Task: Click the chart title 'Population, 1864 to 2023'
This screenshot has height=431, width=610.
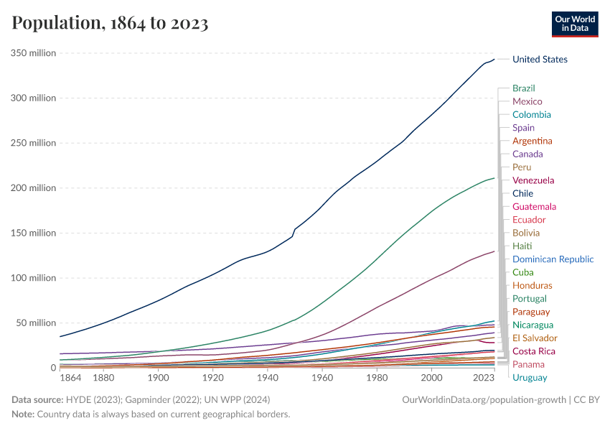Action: [x=110, y=23]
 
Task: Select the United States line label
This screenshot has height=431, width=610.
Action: [x=540, y=60]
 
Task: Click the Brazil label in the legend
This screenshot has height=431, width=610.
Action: [x=523, y=88]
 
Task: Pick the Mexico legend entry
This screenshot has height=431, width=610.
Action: [x=527, y=101]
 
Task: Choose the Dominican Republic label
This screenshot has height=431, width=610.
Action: [x=553, y=259]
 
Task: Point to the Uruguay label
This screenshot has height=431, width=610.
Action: [x=530, y=378]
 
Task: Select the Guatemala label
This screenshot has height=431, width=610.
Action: [x=534, y=207]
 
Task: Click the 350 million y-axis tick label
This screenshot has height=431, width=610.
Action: [x=33, y=53]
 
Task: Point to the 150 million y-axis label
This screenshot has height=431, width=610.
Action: [x=33, y=233]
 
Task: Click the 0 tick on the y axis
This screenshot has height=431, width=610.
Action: [x=53, y=368]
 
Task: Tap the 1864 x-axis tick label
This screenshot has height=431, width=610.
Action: [x=71, y=378]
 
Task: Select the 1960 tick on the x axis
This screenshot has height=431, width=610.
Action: [x=322, y=378]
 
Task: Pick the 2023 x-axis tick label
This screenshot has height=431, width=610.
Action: [x=484, y=378]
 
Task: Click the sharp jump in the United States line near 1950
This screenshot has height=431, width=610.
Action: [x=294, y=231]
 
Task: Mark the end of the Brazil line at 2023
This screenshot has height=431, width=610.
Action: [x=494, y=177]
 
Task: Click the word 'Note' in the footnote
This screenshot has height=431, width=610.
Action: [x=23, y=414]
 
